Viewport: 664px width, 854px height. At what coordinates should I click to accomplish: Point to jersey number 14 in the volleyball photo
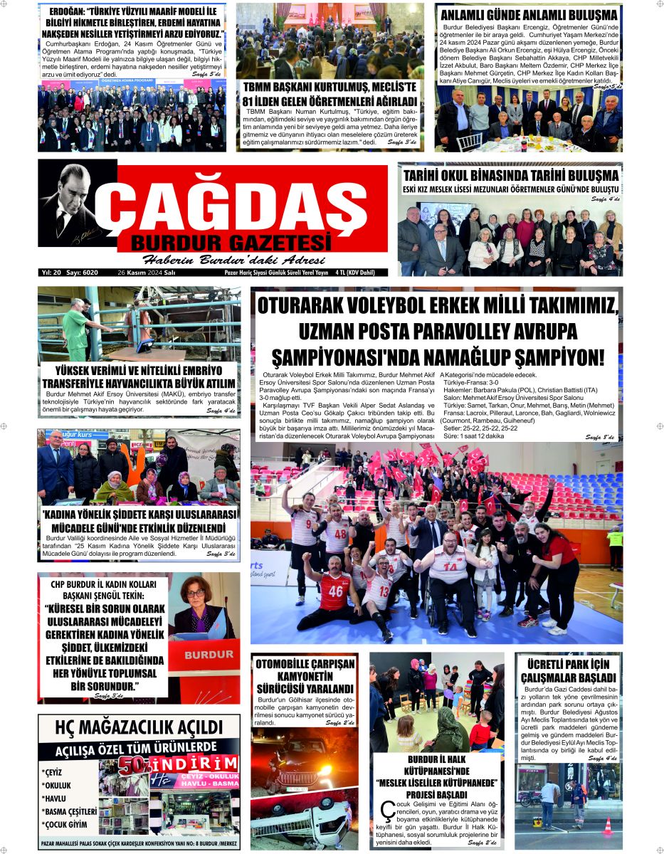[x=456, y=569]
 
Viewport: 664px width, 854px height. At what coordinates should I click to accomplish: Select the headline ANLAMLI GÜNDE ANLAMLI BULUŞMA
[x=529, y=15]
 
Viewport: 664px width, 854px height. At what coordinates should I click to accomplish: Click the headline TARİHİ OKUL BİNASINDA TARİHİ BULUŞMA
[x=510, y=175]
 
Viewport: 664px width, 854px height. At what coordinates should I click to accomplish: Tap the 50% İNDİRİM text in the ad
[x=178, y=766]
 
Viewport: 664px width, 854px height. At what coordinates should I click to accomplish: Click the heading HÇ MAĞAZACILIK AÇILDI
[x=139, y=727]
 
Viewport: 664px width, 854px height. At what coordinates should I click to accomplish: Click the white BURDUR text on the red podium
[x=204, y=653]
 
